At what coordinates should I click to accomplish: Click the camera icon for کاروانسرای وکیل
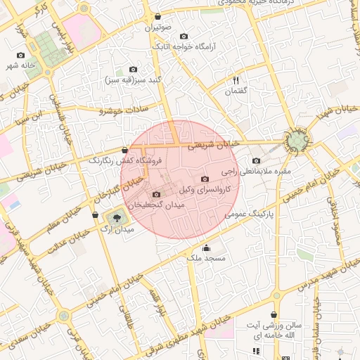pos(205,179)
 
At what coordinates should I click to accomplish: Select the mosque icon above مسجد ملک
pos(206,247)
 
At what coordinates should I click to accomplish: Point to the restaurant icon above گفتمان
pos(236,80)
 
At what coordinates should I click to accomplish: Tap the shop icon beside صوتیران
pos(157,16)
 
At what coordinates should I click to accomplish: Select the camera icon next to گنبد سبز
pos(134,69)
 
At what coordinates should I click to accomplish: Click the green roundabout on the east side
pos(296,141)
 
